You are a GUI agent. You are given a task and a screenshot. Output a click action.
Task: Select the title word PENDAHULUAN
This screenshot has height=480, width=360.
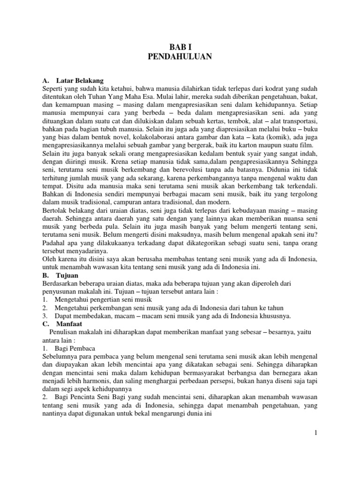point(180,57)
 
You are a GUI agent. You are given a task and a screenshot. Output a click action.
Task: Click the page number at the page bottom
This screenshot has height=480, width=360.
point(316,433)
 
